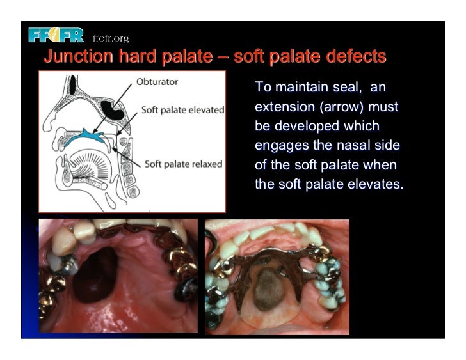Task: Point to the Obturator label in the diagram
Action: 157,81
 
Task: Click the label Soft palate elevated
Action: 182,109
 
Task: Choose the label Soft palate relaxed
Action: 183,164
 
